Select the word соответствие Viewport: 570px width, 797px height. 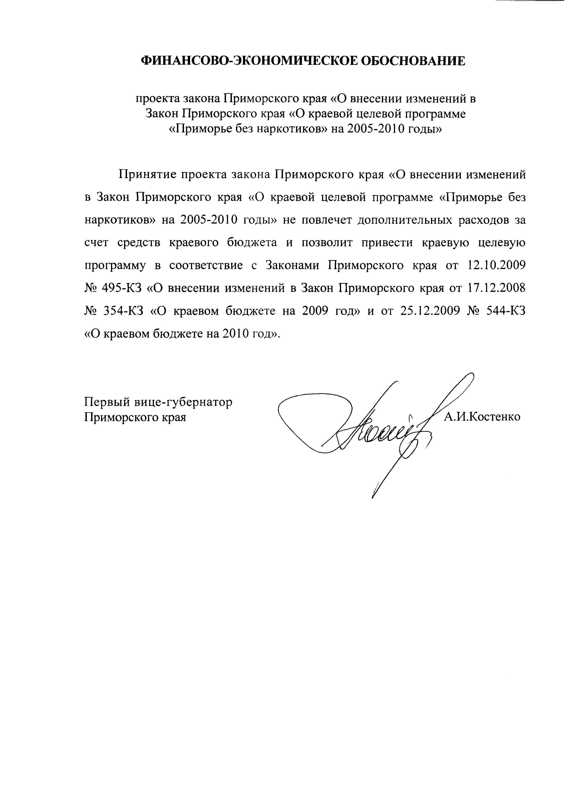206,266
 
